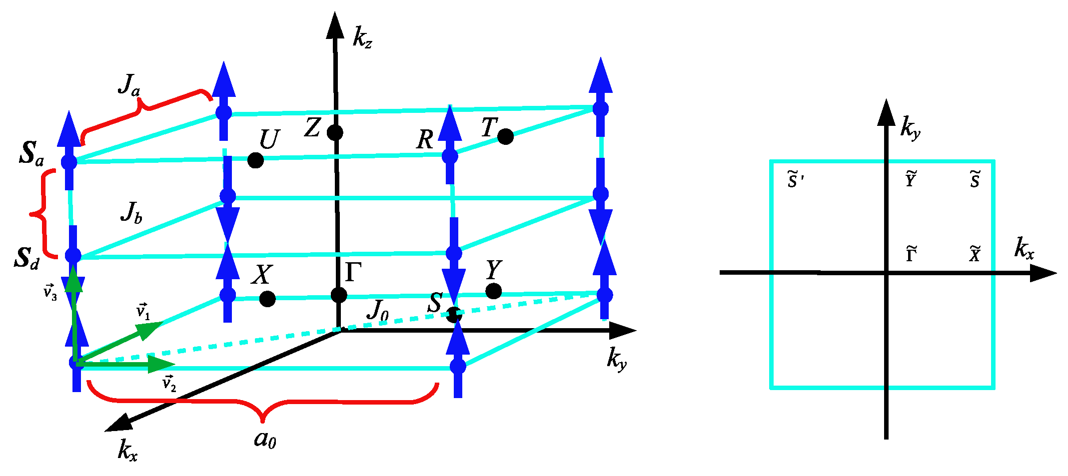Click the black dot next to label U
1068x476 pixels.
(255, 160)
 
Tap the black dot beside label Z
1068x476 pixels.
(335, 132)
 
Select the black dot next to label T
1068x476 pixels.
(505, 136)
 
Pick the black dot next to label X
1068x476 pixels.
(267, 299)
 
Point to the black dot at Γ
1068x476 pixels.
(339, 295)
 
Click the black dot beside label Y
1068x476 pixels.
(493, 291)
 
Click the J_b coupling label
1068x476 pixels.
(131, 212)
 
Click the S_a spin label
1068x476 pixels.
(31, 153)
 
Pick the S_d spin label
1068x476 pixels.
(26, 257)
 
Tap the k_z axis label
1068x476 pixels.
(362, 37)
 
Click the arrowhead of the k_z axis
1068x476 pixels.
(335, 25)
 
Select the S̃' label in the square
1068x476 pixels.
(795, 180)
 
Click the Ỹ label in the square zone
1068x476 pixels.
(911, 179)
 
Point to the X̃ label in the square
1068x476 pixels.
(975, 254)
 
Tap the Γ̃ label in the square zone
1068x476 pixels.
(911, 254)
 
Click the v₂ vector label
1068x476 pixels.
(169, 384)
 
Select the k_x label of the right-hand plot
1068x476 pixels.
(1024, 248)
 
